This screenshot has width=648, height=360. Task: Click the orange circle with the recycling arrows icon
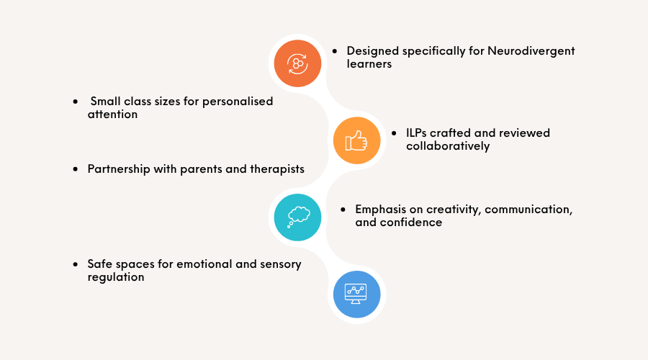pyautogui.click(x=297, y=63)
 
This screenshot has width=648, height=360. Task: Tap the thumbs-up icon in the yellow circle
pyautogui.click(x=356, y=140)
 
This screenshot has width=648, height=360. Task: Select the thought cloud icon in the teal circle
pyautogui.click(x=298, y=217)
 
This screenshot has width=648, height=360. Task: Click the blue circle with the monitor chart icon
pyautogui.click(x=356, y=294)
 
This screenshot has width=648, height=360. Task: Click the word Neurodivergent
pyautogui.click(x=531, y=51)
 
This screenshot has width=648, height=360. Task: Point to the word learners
pyautogui.click(x=369, y=63)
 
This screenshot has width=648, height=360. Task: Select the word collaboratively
pyautogui.click(x=448, y=146)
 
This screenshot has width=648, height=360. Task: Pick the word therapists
pyautogui.click(x=277, y=169)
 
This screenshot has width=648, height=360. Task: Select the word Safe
pyautogui.click(x=97, y=264)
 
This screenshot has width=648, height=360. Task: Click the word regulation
pyautogui.click(x=116, y=277)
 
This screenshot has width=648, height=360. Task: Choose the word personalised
pyautogui.click(x=238, y=102)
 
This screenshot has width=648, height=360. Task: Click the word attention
pyautogui.click(x=112, y=114)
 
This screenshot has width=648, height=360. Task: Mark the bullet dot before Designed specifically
pyautogui.click(x=335, y=51)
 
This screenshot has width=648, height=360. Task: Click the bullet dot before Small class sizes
pyautogui.click(x=75, y=102)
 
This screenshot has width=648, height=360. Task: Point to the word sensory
pyautogui.click(x=281, y=264)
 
